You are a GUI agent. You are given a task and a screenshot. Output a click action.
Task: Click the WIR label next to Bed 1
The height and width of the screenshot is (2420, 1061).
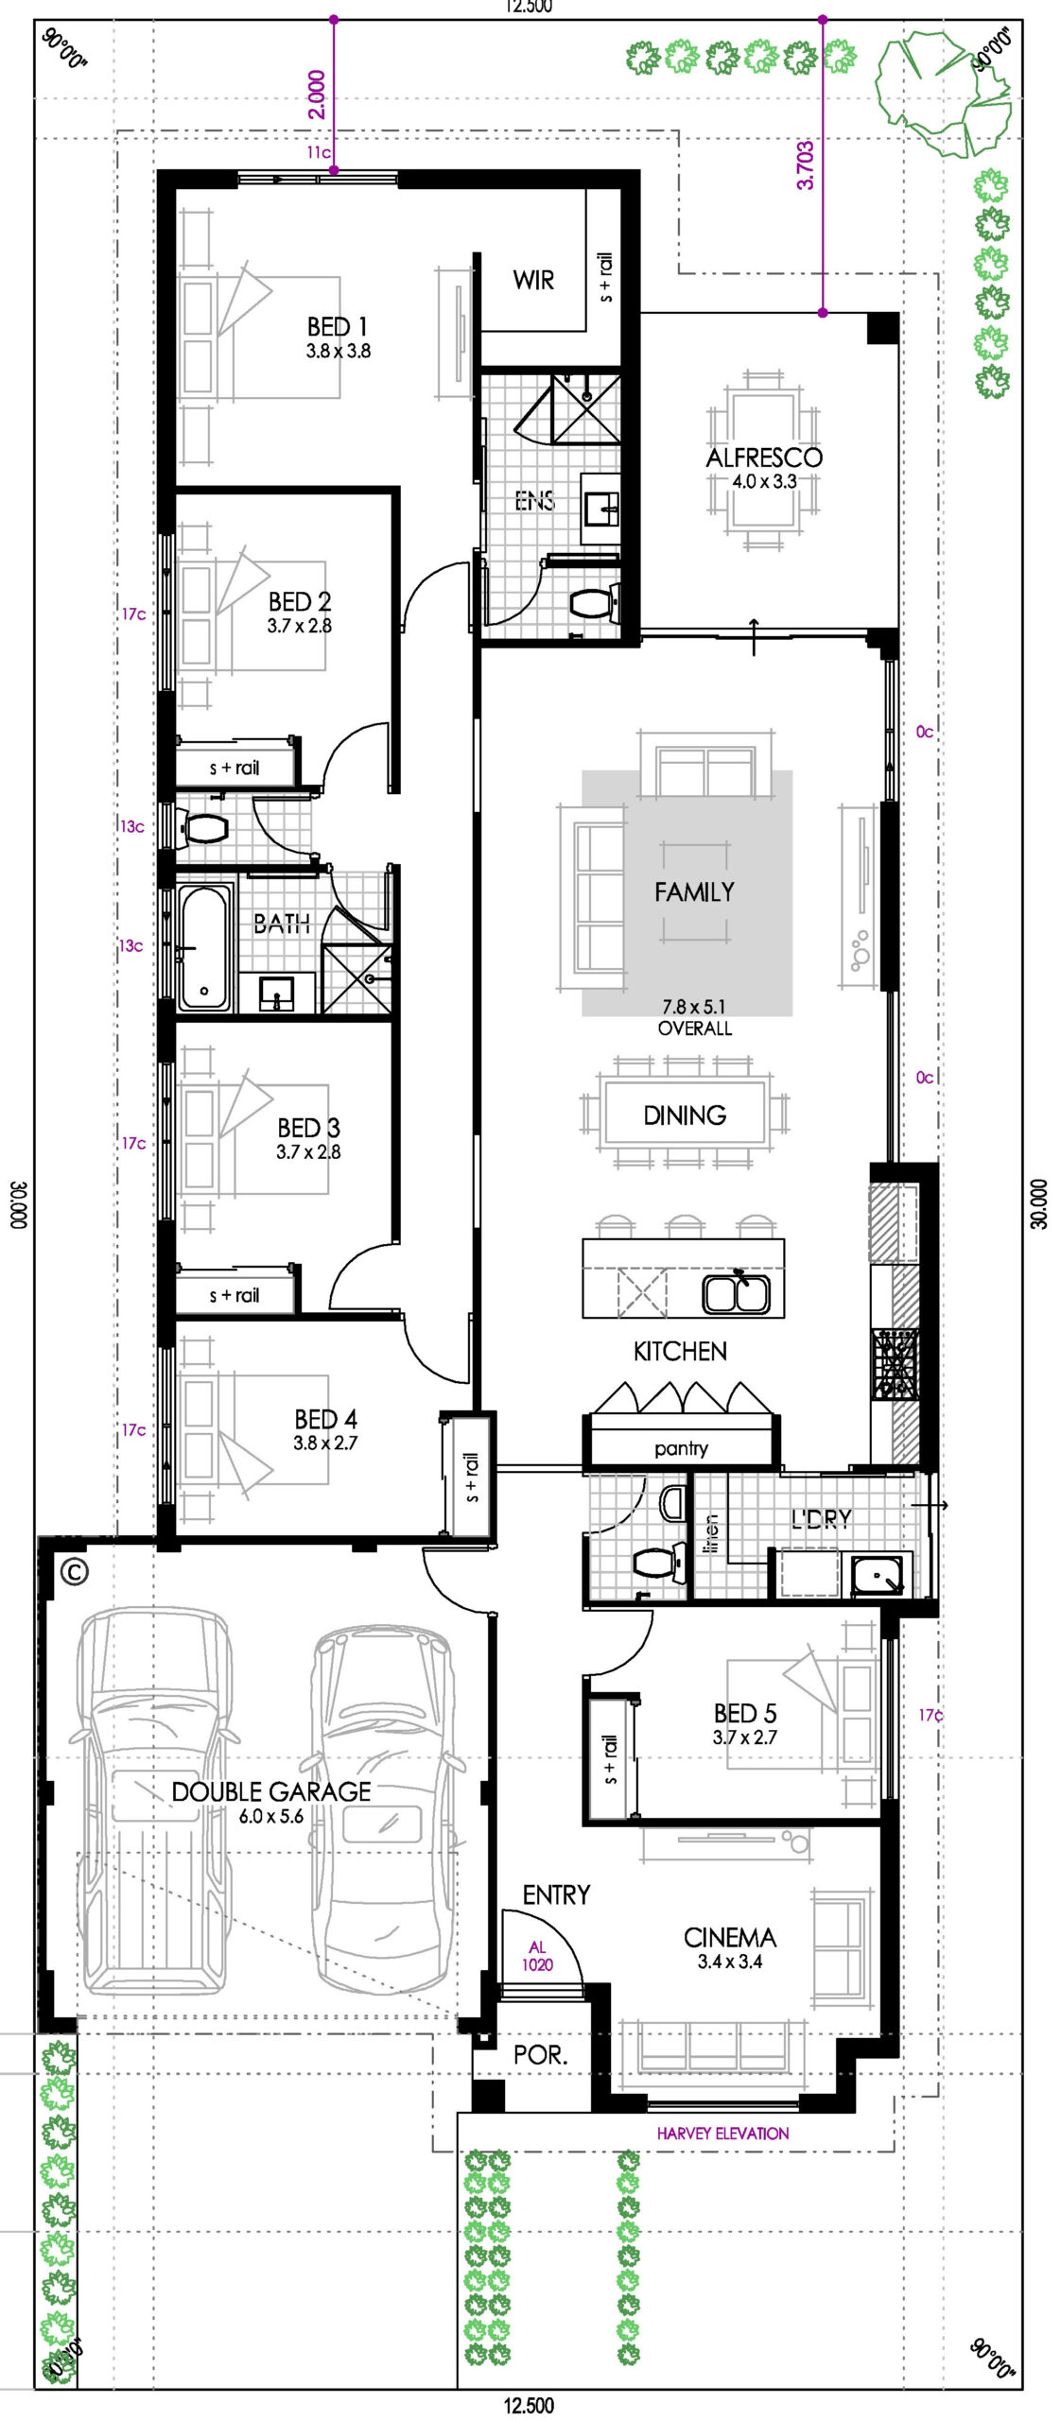click(533, 280)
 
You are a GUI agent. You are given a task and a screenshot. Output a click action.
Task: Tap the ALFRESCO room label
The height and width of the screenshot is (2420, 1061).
click(764, 458)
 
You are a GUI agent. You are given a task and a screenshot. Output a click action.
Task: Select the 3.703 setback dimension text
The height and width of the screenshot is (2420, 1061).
click(805, 164)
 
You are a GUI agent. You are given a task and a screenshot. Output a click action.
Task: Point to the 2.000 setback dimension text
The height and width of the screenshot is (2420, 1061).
click(317, 95)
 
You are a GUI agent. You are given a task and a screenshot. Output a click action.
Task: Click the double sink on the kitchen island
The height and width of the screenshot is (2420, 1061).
click(736, 1292)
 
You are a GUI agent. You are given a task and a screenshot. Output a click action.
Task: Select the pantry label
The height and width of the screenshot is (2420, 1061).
click(681, 1448)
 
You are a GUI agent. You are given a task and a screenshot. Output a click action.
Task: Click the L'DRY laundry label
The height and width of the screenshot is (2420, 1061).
click(821, 1518)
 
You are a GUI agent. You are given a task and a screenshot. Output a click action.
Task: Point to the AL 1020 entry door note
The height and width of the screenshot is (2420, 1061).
click(537, 1956)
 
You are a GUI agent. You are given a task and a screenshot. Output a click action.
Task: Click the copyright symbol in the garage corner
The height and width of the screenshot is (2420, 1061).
click(74, 1571)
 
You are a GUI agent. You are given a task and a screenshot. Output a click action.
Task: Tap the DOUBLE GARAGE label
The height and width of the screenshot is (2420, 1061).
click(271, 1791)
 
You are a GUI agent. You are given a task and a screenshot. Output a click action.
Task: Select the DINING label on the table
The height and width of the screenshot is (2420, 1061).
click(685, 1115)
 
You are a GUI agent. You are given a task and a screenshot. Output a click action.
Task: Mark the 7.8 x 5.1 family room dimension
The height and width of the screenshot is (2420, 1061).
click(694, 1007)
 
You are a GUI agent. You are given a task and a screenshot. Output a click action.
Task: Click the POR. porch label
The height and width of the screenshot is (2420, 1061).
click(540, 2054)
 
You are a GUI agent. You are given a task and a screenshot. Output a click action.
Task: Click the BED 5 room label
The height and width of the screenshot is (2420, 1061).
click(745, 1714)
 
